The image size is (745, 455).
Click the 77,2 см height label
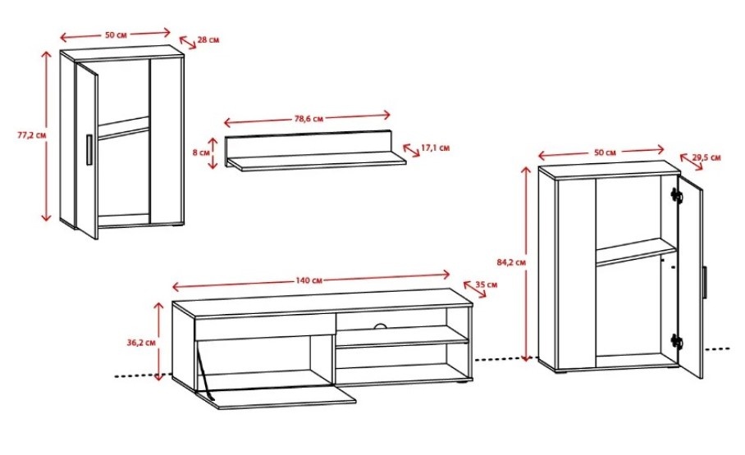coord(32,135)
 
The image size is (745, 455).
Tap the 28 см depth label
coord(208,40)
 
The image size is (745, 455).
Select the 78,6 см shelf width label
coord(309,118)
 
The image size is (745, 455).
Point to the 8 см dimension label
coord(201,152)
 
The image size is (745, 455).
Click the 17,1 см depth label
coord(435,148)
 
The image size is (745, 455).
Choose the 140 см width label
coord(309,280)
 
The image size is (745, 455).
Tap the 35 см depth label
coord(486,284)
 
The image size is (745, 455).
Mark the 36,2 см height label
coord(141,342)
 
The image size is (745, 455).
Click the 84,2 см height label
coord(511,262)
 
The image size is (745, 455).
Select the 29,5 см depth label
coord(706,157)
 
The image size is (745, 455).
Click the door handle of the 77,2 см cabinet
coord(89,150)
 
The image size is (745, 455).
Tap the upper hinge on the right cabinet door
coord(676,195)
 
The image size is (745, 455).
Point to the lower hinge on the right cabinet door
coord(676,341)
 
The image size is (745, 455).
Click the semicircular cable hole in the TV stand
coord(380,325)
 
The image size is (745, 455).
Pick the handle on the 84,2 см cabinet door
coord(705,283)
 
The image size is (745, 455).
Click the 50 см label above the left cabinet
coord(116,34)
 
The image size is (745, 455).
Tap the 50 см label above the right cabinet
coord(605,152)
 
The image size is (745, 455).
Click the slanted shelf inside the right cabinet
coord(636,252)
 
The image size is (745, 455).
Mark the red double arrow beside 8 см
coord(213,153)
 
